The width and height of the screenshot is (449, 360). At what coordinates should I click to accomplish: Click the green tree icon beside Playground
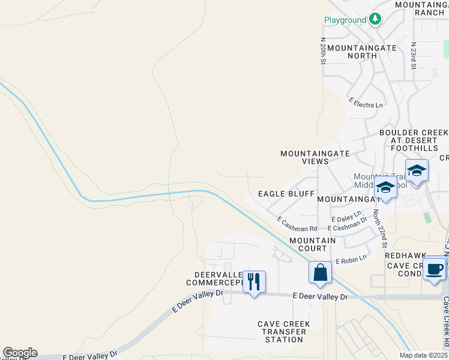375,19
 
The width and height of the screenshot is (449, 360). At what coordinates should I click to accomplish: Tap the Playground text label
345,20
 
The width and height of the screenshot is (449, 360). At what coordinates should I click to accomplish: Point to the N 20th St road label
323,51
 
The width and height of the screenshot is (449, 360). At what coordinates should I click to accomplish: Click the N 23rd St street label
414,55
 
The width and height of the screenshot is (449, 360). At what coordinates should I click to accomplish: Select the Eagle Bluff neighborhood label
286,194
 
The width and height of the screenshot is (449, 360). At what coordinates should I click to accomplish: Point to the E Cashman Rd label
297,225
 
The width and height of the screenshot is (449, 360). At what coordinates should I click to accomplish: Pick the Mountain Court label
312,244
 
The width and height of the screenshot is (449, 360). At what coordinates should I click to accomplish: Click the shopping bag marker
321,272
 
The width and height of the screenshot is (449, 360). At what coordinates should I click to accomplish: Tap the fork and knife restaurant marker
254,281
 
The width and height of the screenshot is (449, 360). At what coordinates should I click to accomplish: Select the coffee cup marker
434,268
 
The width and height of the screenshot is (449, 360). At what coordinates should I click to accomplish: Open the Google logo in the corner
20,353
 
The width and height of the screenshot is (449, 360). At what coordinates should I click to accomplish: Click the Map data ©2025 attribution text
423,355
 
